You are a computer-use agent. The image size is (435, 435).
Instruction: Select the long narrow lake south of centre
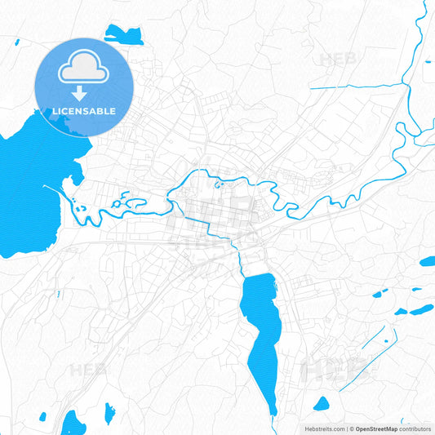pyautogui.click(x=263, y=326)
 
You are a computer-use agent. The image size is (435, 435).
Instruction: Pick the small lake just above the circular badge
pyautogui.click(x=123, y=34)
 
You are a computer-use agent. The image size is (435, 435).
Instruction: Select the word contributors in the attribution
pyautogui.click(x=415, y=428)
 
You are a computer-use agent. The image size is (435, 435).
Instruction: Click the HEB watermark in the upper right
pyautogui.click(x=338, y=59)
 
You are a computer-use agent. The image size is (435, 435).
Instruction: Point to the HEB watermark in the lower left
pyautogui.click(x=88, y=370)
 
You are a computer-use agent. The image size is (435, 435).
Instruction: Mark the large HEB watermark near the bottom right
pyautogui.click(x=331, y=370)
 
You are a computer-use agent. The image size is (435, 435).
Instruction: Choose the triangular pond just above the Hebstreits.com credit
pyautogui.click(x=322, y=404)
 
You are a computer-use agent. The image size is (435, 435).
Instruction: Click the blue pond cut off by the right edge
pyautogui.click(x=427, y=262)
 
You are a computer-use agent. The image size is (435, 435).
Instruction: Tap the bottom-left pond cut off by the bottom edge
pyautogui.click(x=73, y=424)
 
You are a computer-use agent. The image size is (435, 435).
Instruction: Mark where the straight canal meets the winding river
pyautogui.click(x=406, y=84)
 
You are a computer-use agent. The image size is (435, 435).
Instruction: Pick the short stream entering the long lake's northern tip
pyautogui.click(x=240, y=260)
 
